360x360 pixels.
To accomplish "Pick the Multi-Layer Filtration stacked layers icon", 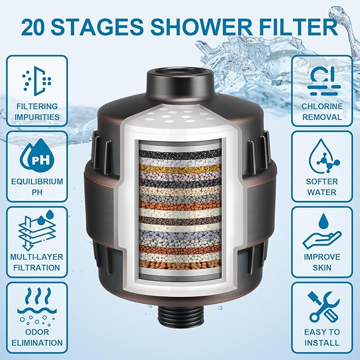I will [37, 229].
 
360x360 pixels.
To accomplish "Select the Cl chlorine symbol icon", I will [322, 78].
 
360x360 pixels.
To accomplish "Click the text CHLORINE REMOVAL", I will [322, 111].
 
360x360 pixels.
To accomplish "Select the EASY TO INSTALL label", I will [322, 337].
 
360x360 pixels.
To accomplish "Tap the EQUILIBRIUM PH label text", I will [37, 187].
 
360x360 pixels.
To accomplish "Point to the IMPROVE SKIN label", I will [322, 262].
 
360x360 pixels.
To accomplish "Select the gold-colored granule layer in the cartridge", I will [180, 169].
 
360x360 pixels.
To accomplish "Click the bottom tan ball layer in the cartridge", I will [180, 264].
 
